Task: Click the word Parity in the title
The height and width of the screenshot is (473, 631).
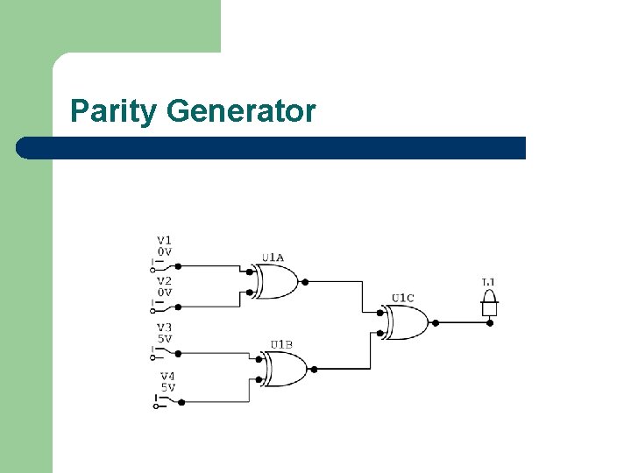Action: point(114,112)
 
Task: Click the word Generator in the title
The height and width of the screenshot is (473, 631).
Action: point(240,112)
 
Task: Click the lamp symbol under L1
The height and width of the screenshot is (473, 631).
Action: point(489,307)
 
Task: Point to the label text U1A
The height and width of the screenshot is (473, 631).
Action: point(273,258)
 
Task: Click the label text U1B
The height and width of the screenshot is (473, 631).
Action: point(281,344)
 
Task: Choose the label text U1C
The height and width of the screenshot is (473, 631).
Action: point(403,298)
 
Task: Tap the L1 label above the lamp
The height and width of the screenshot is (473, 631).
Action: point(489,282)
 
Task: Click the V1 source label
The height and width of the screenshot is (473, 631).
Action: point(165,240)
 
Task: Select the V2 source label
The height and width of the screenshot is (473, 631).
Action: point(165,281)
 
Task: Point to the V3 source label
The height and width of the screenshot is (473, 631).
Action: point(165,328)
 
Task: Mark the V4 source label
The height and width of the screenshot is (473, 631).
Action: point(167,376)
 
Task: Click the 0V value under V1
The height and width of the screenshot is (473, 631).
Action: point(165,251)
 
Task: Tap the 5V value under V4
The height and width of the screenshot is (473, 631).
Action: point(167,387)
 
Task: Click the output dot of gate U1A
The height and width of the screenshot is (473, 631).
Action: point(305,282)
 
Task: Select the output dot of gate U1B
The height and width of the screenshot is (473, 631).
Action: point(314,369)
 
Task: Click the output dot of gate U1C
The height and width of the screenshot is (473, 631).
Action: point(435,322)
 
